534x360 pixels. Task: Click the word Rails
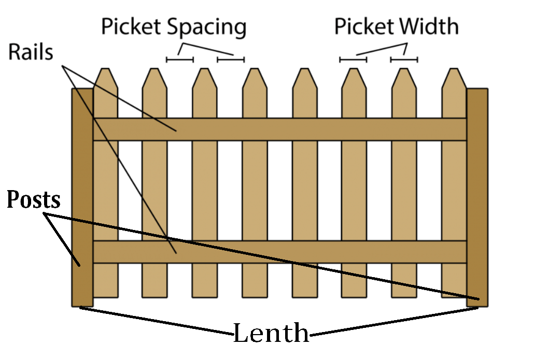(31, 52)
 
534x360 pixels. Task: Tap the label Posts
(33, 200)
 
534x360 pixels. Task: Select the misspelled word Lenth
(271, 333)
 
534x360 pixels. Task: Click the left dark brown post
(82, 197)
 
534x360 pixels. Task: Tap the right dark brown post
(477, 197)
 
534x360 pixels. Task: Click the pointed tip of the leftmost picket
(105, 70)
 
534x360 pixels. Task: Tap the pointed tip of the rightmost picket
(455, 70)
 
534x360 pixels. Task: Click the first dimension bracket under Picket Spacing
(180, 60)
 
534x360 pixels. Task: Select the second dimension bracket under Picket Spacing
(231, 60)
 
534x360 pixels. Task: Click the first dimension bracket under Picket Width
(353, 60)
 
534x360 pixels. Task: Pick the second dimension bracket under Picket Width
(404, 60)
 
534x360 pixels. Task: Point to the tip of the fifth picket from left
(305, 70)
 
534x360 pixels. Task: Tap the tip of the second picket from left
(155, 70)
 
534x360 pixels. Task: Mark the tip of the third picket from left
(205, 70)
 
